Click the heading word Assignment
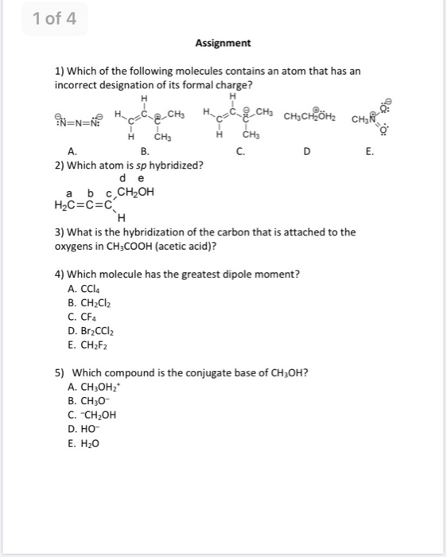point(223,43)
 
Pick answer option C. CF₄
point(89,316)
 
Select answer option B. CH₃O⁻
point(92,401)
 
